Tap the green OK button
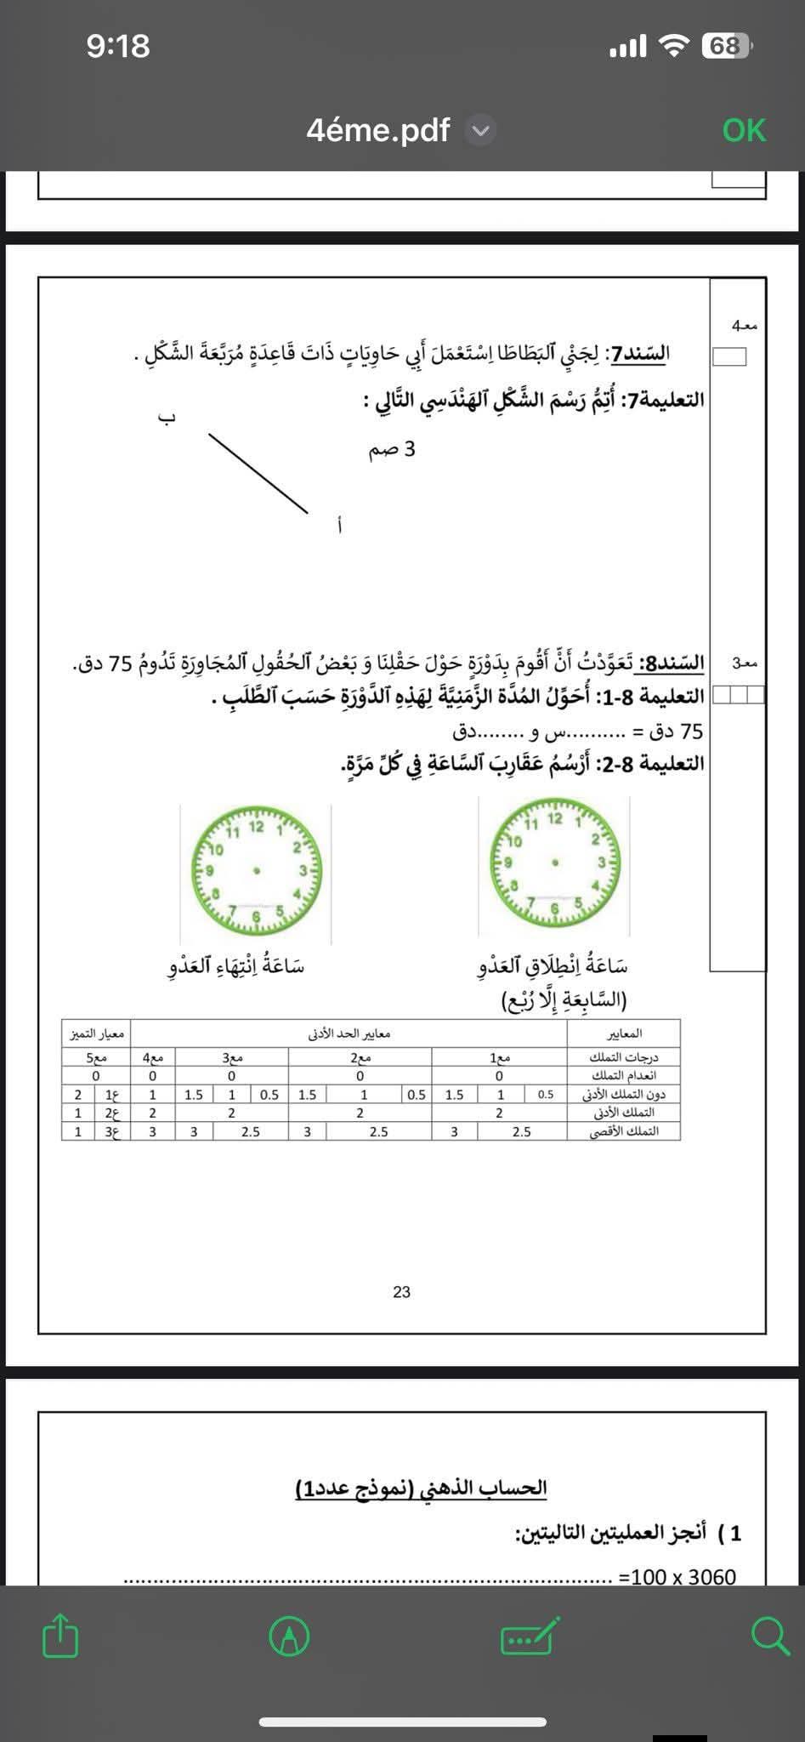coord(744,130)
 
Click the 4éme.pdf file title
coord(378,130)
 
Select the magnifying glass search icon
coord(770,1636)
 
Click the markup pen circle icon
coord(289,1636)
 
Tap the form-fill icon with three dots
coord(530,1636)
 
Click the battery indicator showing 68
coord(725,46)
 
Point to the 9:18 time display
coord(118,46)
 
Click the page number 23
coord(401,1292)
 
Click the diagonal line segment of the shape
coord(258,474)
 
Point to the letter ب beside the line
coord(167,418)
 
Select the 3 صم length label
coord(392,449)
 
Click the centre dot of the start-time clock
coord(555,862)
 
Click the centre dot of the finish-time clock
coord(256,869)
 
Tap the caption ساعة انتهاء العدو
coord(235,966)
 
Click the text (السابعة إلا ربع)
coord(564,1000)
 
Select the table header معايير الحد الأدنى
coord(349,1033)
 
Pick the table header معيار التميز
coord(97,1033)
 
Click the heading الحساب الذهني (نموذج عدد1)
coord(421,1488)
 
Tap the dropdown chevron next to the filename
coord(481,131)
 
